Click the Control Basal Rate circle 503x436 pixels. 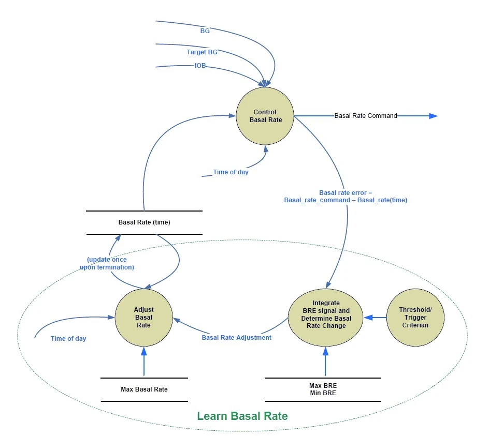(265, 116)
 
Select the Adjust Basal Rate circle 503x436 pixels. (143, 317)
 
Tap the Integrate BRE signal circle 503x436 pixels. (326, 314)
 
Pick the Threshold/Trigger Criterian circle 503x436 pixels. (415, 317)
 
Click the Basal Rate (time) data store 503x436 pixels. (144, 222)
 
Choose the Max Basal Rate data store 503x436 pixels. (144, 389)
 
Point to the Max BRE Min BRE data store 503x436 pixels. (323, 389)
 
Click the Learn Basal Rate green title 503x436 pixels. (242, 416)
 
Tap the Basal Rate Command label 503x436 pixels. (366, 116)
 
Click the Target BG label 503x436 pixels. (202, 52)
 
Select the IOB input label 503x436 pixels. (200, 66)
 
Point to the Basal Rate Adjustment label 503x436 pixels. (236, 338)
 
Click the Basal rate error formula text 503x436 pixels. (346, 196)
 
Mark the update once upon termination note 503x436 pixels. (107, 263)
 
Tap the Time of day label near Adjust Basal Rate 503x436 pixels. (68, 339)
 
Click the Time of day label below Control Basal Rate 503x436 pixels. (231, 172)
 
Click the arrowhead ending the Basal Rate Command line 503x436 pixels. (434, 116)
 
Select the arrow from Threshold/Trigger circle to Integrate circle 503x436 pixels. (375, 317)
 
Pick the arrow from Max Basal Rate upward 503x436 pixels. (144, 362)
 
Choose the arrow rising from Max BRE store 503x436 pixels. (325, 362)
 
